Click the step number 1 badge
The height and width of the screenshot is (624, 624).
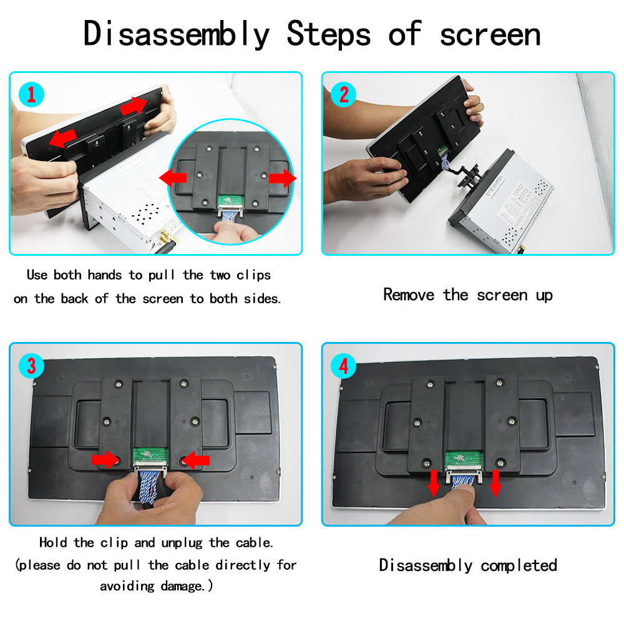click(31, 95)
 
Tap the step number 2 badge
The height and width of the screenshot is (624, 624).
click(343, 95)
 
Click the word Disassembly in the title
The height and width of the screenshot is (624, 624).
click(177, 35)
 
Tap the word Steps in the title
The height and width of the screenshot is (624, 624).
click(329, 35)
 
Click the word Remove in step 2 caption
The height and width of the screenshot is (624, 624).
click(409, 295)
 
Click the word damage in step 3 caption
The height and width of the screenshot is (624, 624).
click(181, 586)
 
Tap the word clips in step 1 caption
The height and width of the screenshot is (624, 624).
click(253, 275)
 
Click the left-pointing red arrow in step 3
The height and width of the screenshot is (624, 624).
click(196, 460)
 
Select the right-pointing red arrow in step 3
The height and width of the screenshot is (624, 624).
click(105, 460)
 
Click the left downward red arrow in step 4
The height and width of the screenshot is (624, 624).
click(434, 484)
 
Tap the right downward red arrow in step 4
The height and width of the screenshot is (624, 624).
click(495, 484)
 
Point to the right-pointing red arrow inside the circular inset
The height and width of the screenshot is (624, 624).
click(283, 178)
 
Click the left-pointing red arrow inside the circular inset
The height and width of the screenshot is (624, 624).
click(173, 178)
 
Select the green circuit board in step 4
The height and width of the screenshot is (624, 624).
click(464, 459)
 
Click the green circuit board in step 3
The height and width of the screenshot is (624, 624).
click(151, 456)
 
